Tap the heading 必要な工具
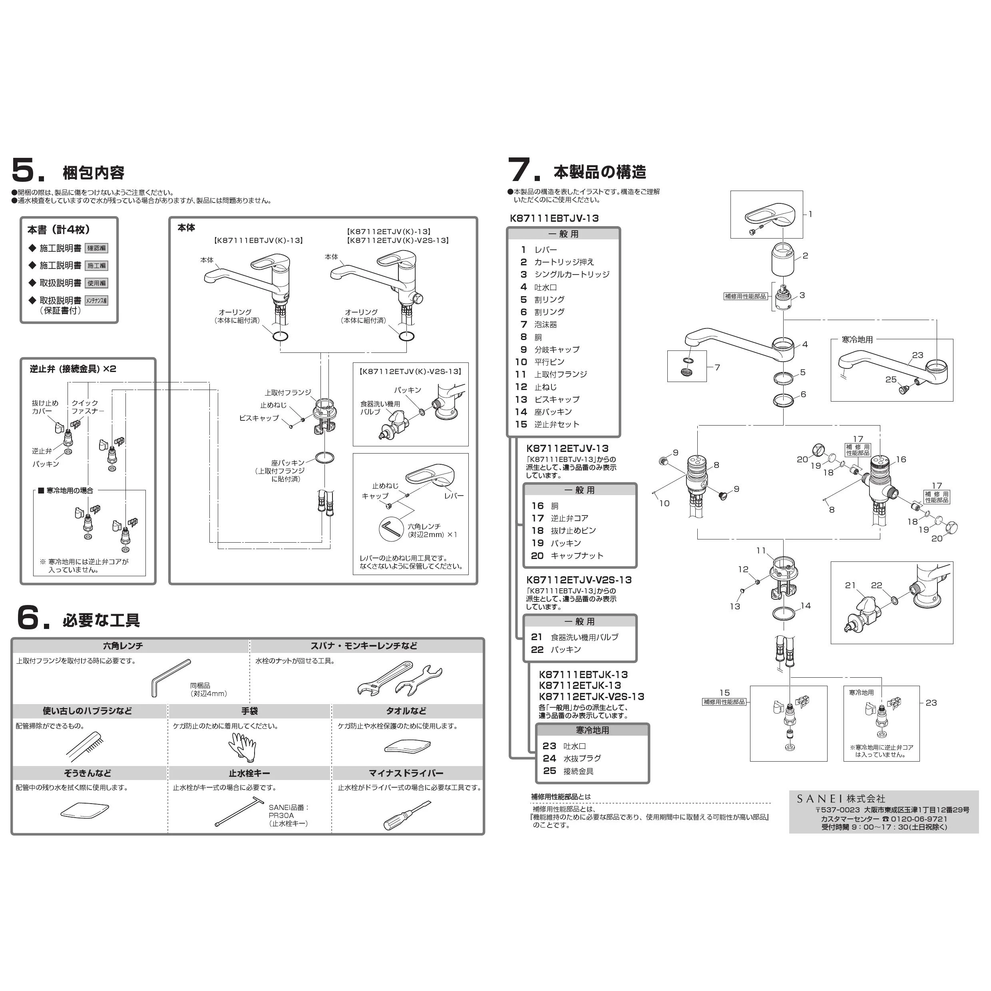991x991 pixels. click(101, 621)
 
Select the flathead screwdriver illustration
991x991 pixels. click(407, 815)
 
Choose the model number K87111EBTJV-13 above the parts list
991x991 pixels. click(554, 218)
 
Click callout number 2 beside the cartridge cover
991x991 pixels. click(805, 255)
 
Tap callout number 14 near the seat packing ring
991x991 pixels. click(806, 606)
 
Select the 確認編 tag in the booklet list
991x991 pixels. click(96, 248)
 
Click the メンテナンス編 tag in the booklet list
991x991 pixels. click(96, 300)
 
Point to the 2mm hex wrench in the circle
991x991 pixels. click(391, 528)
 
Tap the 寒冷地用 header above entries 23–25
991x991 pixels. click(593, 730)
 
